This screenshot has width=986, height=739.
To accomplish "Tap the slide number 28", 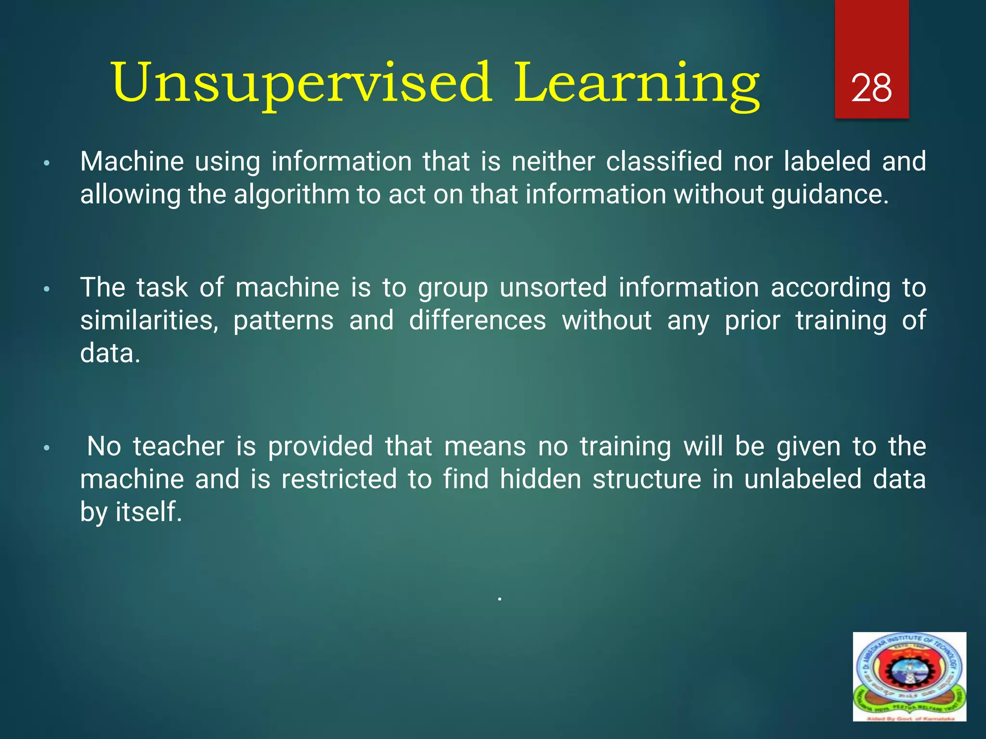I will (x=871, y=89).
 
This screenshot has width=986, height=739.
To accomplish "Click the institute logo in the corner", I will (x=909, y=676).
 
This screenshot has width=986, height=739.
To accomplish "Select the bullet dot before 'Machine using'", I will (x=47, y=164).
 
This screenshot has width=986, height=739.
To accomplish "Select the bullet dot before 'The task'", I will (x=47, y=290).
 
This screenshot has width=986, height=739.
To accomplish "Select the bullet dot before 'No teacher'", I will (x=47, y=448).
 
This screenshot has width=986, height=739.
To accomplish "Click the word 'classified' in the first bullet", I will (x=664, y=161).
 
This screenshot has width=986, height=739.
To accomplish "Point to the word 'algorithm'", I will (x=292, y=195).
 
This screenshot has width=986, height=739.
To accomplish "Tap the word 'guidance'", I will (x=830, y=195).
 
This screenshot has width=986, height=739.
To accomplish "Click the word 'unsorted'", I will (x=553, y=288).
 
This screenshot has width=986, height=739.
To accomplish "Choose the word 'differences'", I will (x=478, y=320).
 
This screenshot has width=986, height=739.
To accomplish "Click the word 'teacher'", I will (x=179, y=446).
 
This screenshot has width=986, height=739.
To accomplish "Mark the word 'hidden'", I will (x=540, y=479).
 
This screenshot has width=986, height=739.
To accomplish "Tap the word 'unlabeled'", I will (x=803, y=479).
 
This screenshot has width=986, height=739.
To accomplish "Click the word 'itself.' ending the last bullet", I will (x=149, y=511).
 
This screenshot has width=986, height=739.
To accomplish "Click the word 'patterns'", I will (x=283, y=321).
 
